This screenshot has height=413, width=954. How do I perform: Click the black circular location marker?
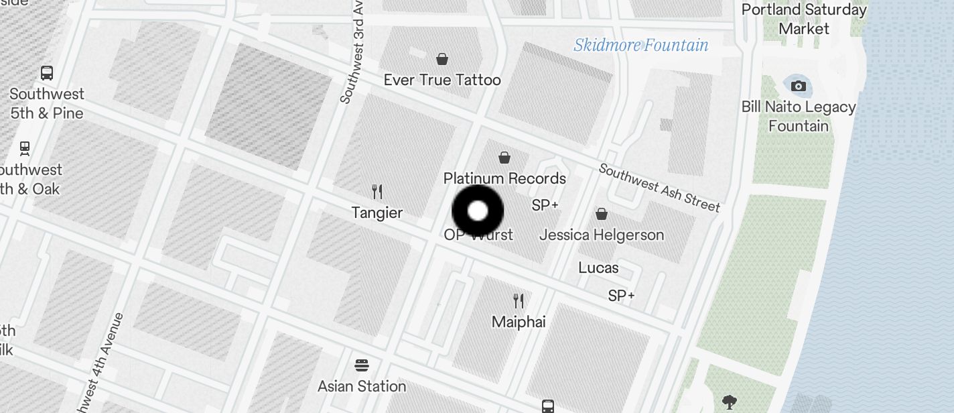pyautogui.click(x=478, y=211)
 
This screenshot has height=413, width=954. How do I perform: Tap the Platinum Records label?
pyautogui.click(x=504, y=178)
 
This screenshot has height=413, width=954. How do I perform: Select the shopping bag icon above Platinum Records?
pyautogui.click(x=504, y=158)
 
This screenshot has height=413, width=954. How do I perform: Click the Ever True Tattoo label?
pyautogui.click(x=442, y=80)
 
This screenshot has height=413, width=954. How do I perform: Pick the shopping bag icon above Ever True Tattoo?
pyautogui.click(x=442, y=59)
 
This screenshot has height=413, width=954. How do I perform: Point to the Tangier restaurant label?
pyautogui.click(x=377, y=213)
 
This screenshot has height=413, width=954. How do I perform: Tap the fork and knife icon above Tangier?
pyautogui.click(x=377, y=192)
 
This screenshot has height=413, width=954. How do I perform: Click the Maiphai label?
pyautogui.click(x=519, y=322)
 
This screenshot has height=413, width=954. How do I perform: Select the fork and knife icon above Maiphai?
pyautogui.click(x=519, y=300)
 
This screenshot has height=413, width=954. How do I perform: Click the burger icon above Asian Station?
pyautogui.click(x=362, y=365)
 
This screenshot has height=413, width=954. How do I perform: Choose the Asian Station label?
pyautogui.click(x=362, y=386)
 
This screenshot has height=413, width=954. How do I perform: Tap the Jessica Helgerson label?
pyautogui.click(x=602, y=235)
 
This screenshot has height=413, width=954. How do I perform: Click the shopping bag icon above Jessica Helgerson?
pyautogui.click(x=602, y=214)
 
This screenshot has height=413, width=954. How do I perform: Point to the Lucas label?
pyautogui.click(x=598, y=268)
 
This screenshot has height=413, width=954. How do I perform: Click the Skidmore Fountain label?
pyautogui.click(x=641, y=45)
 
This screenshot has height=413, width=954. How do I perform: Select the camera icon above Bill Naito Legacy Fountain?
pyautogui.click(x=798, y=86)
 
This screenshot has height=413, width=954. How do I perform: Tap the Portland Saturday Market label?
pyautogui.click(x=804, y=19)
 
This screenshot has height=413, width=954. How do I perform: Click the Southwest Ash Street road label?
pyautogui.click(x=659, y=188)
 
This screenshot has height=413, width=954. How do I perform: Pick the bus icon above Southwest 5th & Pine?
pyautogui.click(x=47, y=72)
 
